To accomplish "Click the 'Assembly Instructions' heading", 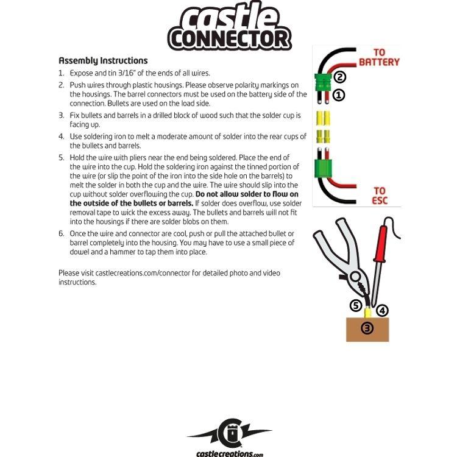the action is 103,60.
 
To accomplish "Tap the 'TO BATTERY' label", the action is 379,57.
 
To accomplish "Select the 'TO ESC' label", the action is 380,196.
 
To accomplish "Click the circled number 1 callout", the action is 339,94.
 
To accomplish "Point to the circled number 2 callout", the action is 339,77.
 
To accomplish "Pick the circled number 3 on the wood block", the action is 367,328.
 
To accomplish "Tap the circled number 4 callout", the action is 382,310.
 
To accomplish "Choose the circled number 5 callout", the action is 356,306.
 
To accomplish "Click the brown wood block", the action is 367,329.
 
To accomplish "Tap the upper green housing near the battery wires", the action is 322,82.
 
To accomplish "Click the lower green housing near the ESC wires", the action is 323,168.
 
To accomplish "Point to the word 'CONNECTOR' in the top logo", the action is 230,38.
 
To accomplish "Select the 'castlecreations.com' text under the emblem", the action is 229,453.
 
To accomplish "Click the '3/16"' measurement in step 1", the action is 127,73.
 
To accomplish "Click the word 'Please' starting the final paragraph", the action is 69,273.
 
